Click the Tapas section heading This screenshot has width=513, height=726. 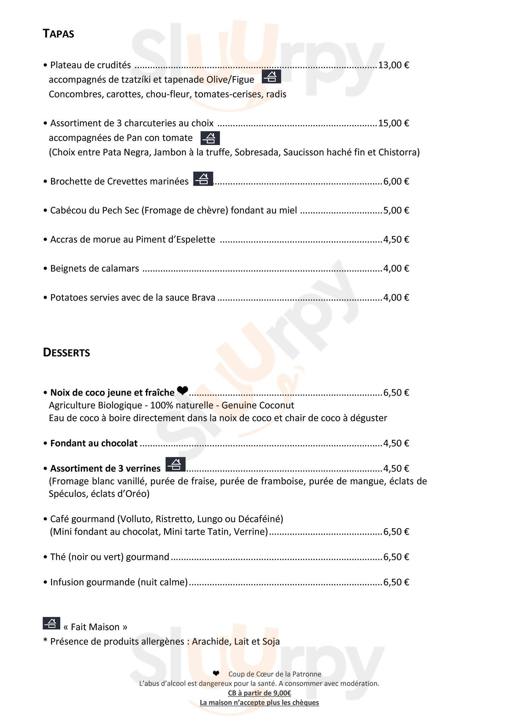click(58, 34)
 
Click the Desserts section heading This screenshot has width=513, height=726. click(67, 352)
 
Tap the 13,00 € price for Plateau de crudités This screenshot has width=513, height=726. click(394, 65)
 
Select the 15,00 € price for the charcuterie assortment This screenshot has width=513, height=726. click(394, 123)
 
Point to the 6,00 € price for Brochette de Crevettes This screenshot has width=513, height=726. click(396, 181)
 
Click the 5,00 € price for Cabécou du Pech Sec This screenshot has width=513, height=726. click(396, 211)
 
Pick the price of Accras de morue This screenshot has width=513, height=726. click(396, 240)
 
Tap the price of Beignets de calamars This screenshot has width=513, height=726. click(396, 269)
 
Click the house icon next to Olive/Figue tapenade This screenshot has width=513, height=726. click(271, 77)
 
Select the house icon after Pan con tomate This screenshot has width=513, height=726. click(210, 138)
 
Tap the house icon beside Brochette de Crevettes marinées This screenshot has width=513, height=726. click(203, 179)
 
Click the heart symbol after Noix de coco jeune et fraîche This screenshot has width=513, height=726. click(182, 391)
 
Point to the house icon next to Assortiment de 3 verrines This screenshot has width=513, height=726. click(175, 464)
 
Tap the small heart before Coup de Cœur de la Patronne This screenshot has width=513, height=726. click(216, 674)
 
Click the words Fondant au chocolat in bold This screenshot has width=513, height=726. click(94, 443)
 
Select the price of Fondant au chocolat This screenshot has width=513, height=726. click(396, 443)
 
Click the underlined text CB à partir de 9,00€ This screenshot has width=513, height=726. click(259, 693)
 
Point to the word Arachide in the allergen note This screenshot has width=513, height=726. click(211, 642)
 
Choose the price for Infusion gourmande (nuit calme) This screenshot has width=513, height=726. click(396, 582)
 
